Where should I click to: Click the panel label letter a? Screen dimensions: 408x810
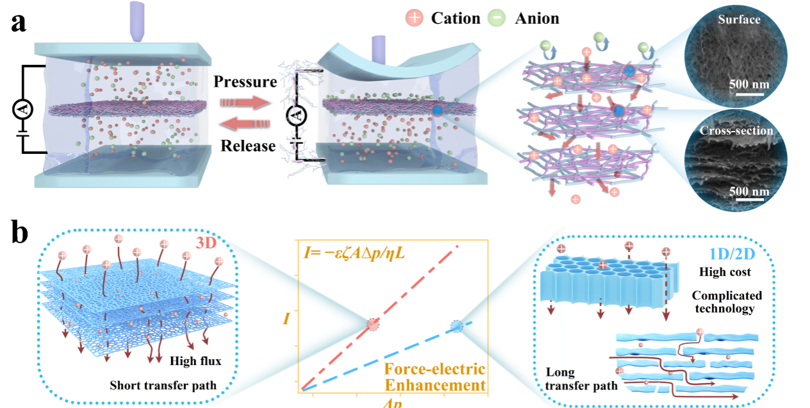pos(19,24)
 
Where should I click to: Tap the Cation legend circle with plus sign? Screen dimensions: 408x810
pos(415,18)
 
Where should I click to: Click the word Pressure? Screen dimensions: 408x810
pos(245,82)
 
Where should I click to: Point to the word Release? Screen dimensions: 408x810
pos(248,146)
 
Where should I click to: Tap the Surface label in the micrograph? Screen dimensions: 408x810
pos(739,20)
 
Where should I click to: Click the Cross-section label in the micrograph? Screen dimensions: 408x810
pos(736,131)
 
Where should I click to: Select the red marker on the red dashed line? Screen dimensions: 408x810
pos(372,325)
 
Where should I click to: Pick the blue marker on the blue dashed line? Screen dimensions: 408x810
pos(456,326)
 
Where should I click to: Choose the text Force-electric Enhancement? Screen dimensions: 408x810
pos(434,378)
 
